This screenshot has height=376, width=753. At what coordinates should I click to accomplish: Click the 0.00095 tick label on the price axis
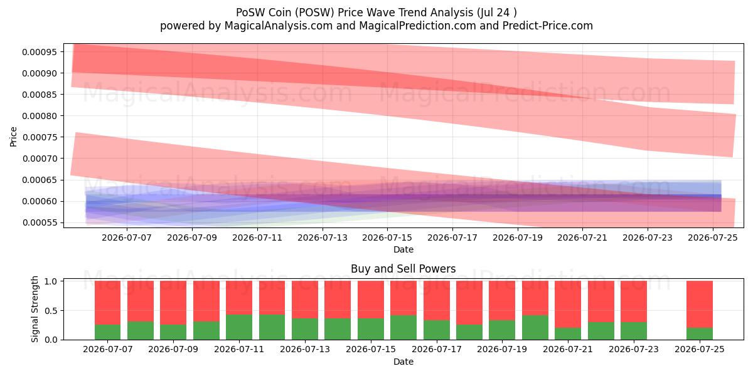(40, 52)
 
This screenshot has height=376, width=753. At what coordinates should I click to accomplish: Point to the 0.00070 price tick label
(40, 159)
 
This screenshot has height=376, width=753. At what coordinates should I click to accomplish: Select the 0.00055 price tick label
(40, 223)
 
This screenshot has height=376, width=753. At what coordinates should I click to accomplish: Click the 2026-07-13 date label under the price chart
(323, 238)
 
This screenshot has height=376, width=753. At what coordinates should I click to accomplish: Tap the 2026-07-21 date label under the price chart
(582, 238)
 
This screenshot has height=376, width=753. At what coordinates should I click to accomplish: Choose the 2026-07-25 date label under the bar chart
(700, 349)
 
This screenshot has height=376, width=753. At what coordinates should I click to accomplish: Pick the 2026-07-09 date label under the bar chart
(173, 349)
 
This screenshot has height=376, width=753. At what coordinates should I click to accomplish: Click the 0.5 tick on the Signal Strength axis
(51, 311)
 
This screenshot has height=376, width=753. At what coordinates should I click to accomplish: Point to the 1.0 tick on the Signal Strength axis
(51, 281)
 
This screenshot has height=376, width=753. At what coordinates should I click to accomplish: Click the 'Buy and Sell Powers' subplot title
(403, 269)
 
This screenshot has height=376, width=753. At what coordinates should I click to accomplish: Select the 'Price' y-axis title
(13, 137)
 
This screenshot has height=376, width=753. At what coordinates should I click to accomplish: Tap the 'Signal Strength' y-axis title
(35, 309)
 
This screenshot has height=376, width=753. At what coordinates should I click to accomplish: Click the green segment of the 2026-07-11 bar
(239, 327)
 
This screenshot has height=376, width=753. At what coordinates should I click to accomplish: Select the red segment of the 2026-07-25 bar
(700, 304)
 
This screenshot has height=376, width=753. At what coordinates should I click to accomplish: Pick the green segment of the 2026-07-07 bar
(107, 332)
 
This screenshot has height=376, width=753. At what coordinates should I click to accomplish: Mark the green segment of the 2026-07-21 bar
(568, 333)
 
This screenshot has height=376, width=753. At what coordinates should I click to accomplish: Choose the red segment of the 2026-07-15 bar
(371, 300)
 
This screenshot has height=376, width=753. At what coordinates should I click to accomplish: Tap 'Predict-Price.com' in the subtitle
(548, 26)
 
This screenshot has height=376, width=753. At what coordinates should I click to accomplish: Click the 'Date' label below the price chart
(403, 250)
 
